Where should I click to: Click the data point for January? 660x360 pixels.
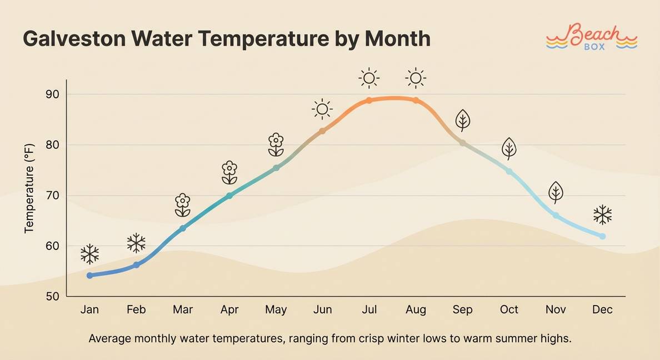pyautogui.click(x=90, y=276)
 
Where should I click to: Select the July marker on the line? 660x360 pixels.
pyautogui.click(x=369, y=101)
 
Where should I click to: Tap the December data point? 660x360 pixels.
pyautogui.click(x=602, y=236)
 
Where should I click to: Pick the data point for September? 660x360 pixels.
pyautogui.click(x=462, y=143)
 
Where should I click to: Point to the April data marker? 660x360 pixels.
pyautogui.click(x=229, y=196)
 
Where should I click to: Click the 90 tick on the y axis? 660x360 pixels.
pyautogui.click(x=52, y=94)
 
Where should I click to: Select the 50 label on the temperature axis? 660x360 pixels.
pyautogui.click(x=52, y=297)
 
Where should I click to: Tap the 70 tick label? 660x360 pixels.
pyautogui.click(x=52, y=196)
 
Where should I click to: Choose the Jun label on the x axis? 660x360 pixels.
pyautogui.click(x=322, y=309)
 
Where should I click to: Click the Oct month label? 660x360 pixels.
pyautogui.click(x=509, y=309)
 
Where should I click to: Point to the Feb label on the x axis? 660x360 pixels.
pyautogui.click(x=136, y=309)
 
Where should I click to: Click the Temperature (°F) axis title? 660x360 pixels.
pyautogui.click(x=29, y=188)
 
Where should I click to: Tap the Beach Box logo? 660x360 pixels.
pyautogui.click(x=591, y=37)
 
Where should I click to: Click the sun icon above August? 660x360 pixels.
pyautogui.click(x=416, y=78)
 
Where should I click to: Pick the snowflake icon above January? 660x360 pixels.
pyautogui.click(x=90, y=254)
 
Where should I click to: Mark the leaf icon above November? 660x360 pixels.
pyautogui.click(x=556, y=192)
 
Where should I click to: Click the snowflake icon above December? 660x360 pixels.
pyautogui.click(x=602, y=214)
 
